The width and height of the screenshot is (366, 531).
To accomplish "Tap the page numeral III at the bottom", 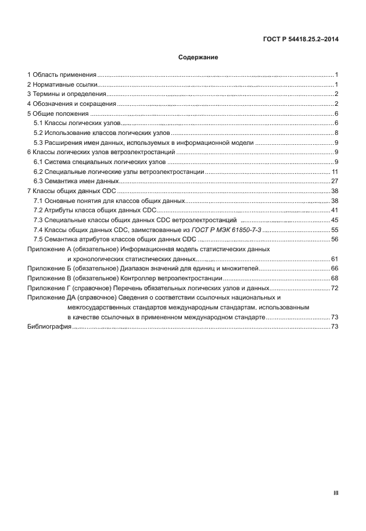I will [x=336, y=493].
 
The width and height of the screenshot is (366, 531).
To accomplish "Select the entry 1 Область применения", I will [x=62, y=75].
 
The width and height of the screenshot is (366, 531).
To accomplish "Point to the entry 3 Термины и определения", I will [x=66, y=94].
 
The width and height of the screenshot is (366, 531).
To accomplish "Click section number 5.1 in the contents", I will [x=39, y=123].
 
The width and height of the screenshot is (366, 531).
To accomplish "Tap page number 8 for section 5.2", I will [x=336, y=133].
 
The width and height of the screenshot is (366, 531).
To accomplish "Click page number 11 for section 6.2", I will [x=335, y=172].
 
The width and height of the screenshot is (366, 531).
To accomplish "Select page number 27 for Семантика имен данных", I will [x=335, y=181].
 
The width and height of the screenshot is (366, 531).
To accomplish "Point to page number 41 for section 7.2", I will [x=335, y=210].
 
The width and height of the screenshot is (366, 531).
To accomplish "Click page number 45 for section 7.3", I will [x=335, y=220].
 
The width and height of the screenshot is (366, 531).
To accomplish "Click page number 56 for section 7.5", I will [x=335, y=239].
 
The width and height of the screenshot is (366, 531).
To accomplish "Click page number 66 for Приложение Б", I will [x=335, y=269].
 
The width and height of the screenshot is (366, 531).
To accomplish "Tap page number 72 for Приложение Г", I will [x=335, y=288].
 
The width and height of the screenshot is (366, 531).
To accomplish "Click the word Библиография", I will [x=49, y=327].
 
